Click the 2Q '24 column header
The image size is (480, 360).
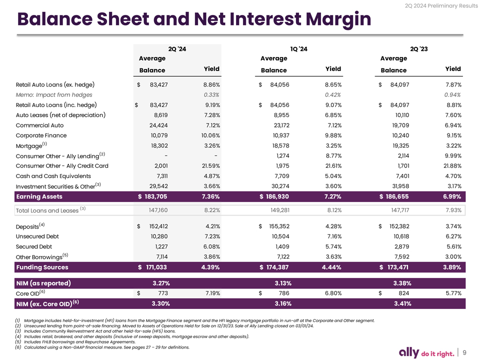coord(177,49)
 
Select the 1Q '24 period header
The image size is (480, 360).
coord(298,49)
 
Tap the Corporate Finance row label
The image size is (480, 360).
coord(41,135)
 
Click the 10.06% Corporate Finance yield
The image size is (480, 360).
coord(210,135)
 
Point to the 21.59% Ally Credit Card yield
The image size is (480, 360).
coord(210,165)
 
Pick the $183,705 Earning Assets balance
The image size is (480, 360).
coord(152,196)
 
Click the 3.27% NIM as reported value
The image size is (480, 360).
coord(161,283)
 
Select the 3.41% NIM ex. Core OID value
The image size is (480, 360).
coord(402,303)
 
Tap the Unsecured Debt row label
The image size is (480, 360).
coord(37,236)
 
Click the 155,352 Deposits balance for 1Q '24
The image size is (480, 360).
coord(279,226)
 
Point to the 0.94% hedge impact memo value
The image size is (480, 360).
coord(452,95)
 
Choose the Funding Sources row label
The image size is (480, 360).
coord(42,267)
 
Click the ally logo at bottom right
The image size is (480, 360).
coord(409,352)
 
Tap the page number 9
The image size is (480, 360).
coord(464,352)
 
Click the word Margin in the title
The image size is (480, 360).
coord(338,19)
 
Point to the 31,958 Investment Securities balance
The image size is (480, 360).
coord(400,186)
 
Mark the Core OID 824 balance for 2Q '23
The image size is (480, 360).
coord(404,293)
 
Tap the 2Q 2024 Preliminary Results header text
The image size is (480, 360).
coord(441,6)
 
